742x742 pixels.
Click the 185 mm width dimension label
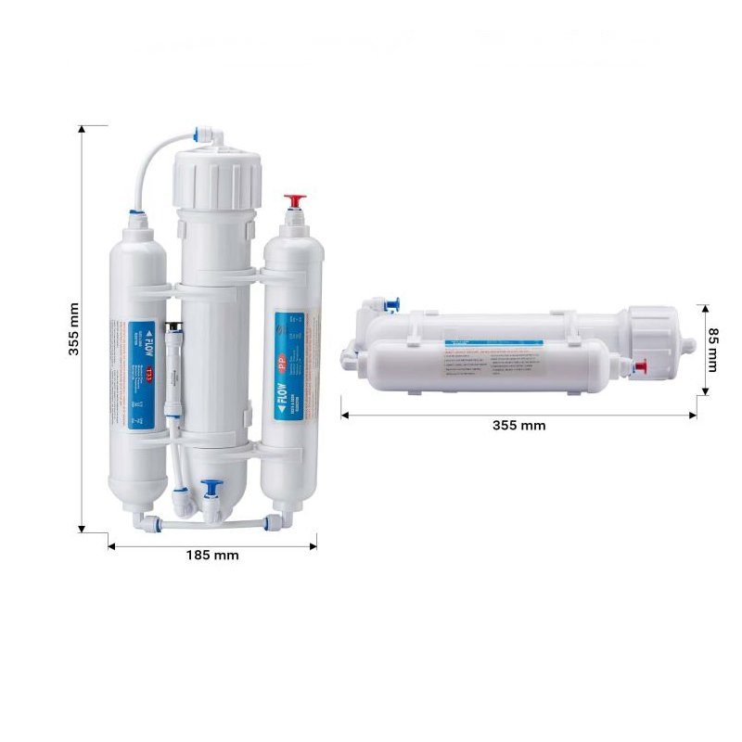(212, 556)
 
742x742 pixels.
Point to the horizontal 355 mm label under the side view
(519, 426)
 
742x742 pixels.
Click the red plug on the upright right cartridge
(295, 200)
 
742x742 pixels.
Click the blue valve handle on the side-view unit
(393, 302)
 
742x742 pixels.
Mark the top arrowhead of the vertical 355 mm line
(83, 127)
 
